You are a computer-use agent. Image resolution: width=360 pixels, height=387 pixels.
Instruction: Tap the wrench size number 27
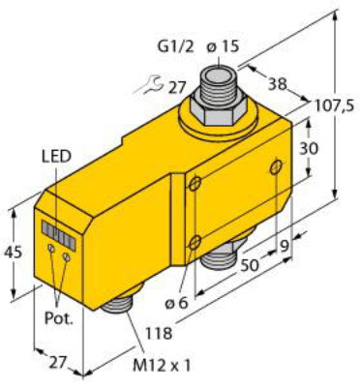(x=176, y=87)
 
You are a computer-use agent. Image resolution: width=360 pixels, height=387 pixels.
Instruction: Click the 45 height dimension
(x=13, y=253)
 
